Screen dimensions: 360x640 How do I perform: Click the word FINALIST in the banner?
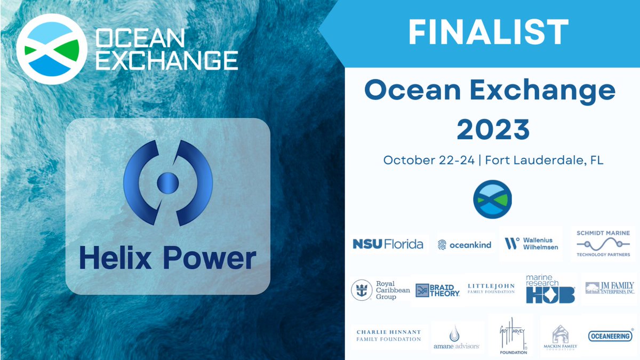(488, 33)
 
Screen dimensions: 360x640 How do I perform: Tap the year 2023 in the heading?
(493, 129)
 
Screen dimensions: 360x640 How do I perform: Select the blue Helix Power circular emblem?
(167, 182)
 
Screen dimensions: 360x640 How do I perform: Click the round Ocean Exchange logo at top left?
(51, 49)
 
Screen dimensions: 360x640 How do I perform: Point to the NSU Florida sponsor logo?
(388, 244)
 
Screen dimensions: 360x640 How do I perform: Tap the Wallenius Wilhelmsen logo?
(531, 244)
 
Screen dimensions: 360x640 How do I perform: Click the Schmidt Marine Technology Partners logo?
(603, 244)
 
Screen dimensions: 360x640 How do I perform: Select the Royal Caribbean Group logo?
(381, 290)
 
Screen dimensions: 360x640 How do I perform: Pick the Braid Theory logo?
(438, 290)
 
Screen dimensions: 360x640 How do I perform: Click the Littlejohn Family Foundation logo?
(491, 289)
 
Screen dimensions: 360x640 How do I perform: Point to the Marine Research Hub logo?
(550, 289)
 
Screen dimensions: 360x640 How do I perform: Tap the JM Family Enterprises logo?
(610, 289)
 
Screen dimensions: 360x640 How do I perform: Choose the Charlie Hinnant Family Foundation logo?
(389, 335)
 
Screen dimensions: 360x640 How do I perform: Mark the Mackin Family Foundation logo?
(560, 337)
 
